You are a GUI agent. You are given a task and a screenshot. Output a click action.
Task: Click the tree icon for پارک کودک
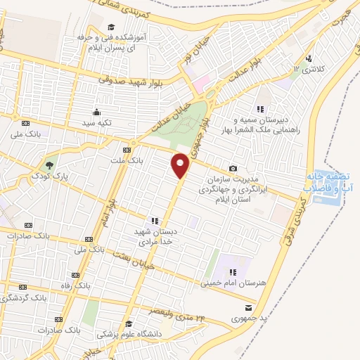pyautogui.click(x=49, y=166)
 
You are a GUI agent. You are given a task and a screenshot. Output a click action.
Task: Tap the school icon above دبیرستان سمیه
pyautogui.click(x=261, y=109)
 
